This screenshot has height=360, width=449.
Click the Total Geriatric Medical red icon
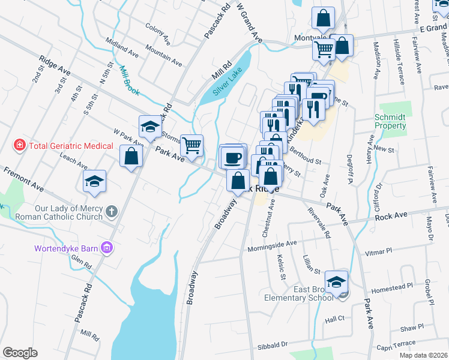(x=20, y=146)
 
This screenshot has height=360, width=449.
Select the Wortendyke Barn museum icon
(x=107, y=247)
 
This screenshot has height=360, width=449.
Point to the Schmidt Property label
(x=390, y=121)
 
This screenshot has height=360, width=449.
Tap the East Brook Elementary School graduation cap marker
(x=337, y=281)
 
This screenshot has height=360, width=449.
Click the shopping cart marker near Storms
(x=191, y=145)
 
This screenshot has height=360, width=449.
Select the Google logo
(x=20, y=353)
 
